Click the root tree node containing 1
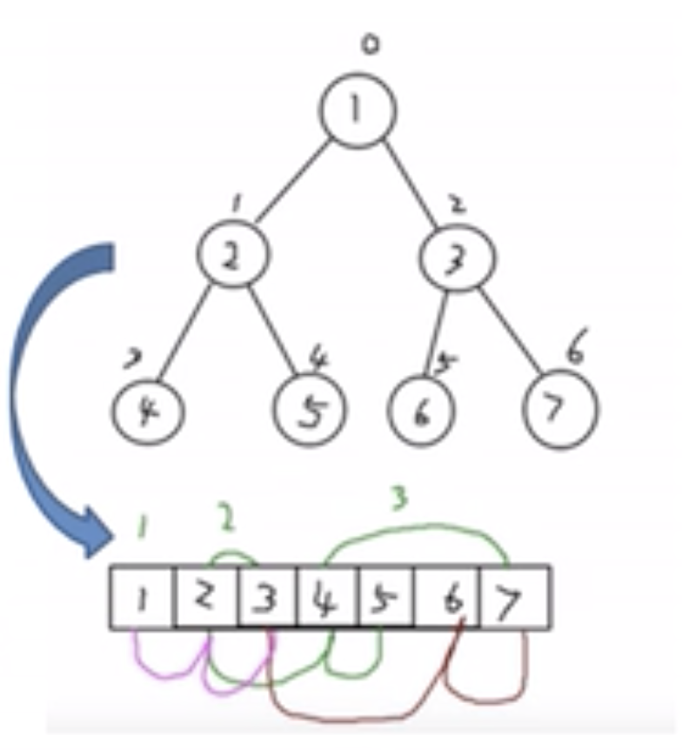click(357, 110)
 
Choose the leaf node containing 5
click(310, 411)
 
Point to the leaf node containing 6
click(422, 412)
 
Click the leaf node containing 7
click(561, 409)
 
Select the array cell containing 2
click(205, 597)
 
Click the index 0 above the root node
click(371, 44)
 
